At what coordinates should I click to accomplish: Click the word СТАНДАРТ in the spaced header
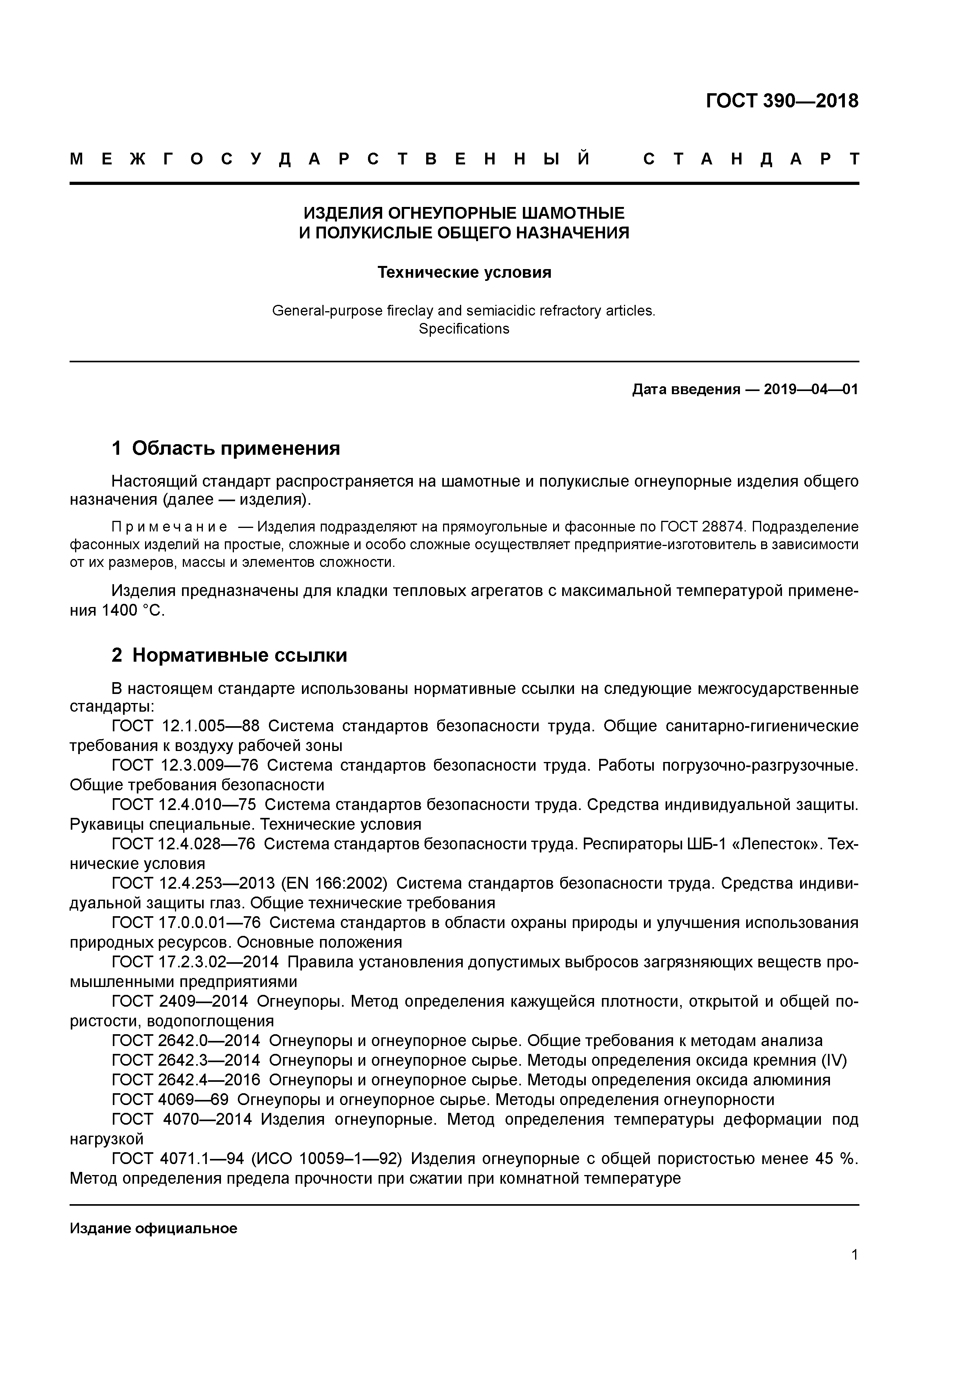click(x=751, y=159)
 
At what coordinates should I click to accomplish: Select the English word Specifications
click(x=464, y=329)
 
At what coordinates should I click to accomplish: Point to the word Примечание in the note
click(x=169, y=527)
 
